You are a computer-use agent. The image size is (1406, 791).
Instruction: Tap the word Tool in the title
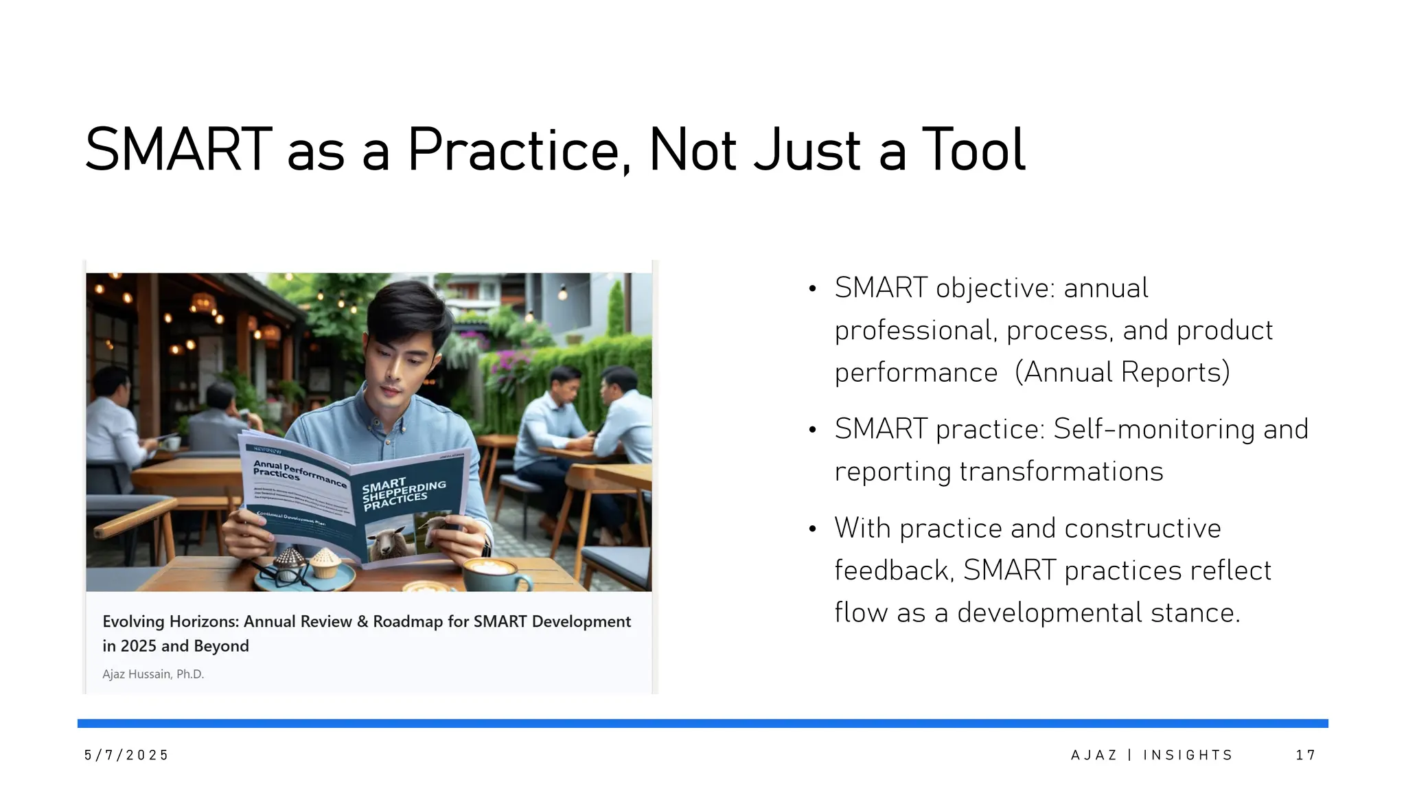[973, 150]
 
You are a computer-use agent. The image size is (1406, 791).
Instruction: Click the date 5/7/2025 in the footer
[126, 755]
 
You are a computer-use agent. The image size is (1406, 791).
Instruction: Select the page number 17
[1305, 755]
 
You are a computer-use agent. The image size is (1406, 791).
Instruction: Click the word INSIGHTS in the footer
[1188, 755]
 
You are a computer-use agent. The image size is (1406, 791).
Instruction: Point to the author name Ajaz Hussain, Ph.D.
[153, 674]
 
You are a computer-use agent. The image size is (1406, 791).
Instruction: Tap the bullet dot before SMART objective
[812, 289]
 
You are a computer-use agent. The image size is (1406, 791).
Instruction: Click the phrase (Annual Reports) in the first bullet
[1122, 373]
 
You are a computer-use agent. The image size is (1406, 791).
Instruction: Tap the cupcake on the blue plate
[325, 563]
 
